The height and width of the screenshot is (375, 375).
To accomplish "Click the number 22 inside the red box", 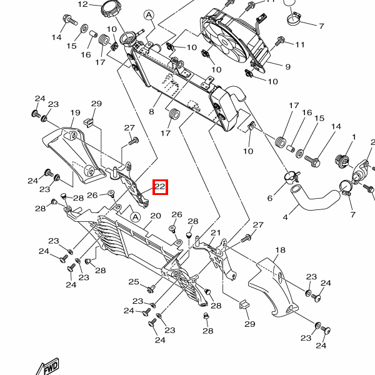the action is (x=160, y=186).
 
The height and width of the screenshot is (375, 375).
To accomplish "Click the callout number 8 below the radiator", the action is (x=151, y=112).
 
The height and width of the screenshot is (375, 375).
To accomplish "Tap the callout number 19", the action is (x=75, y=112).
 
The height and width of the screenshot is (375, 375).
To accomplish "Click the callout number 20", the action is (x=156, y=216).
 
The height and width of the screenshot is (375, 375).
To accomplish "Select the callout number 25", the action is (x=134, y=282).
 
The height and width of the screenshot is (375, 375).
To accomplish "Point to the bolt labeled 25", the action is (x=151, y=289).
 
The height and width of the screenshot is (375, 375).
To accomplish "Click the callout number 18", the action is (x=280, y=250).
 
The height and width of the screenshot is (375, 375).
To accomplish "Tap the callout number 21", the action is (x=216, y=232).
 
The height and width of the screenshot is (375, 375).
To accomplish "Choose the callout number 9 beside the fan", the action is (x=287, y=67).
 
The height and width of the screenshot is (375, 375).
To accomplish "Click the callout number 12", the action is (x=83, y=4).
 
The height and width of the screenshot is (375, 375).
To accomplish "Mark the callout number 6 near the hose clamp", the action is (x=270, y=198).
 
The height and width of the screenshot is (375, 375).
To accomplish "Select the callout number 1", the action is (x=354, y=137).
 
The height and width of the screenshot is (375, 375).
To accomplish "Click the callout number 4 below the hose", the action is (x=286, y=217).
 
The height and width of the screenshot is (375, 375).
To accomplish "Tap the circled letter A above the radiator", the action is (x=149, y=15).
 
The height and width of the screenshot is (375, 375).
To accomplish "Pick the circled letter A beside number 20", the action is (x=136, y=217).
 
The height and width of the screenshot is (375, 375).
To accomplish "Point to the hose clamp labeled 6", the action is (x=292, y=177).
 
